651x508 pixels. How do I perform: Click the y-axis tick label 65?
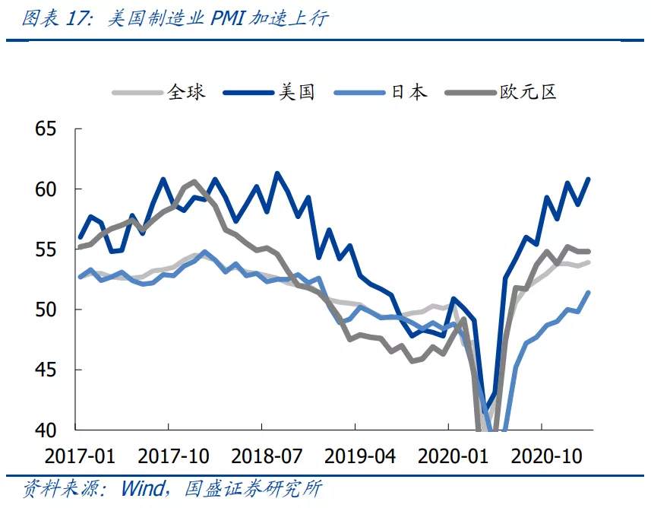pos(46,129)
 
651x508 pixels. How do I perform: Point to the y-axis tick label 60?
pos(46,189)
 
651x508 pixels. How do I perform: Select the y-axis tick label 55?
pos(46,249)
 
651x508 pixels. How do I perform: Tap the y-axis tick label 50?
pos(46,310)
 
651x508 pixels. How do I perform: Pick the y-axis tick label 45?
pos(46,370)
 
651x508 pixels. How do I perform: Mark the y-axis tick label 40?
pos(46,430)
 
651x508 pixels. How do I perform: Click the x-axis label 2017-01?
pos(80,456)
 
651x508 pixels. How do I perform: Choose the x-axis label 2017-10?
pos(173,456)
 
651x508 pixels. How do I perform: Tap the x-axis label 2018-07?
pos(267,456)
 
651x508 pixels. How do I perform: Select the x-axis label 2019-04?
pos(360,456)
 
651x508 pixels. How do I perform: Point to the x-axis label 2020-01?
pos(453,456)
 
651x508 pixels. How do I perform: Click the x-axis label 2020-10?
pos(546,456)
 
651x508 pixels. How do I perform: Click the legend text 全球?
pos(186,92)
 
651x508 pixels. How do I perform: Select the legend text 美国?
pos(296,92)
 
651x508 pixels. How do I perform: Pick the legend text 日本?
pos(409,92)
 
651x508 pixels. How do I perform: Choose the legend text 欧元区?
pos(528,92)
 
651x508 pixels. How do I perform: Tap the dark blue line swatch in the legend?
pos(248,92)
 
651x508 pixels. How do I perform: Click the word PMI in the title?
pos(228,18)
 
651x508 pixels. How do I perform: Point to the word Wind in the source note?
pos(143,488)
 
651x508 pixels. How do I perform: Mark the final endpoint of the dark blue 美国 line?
pos(588,179)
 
